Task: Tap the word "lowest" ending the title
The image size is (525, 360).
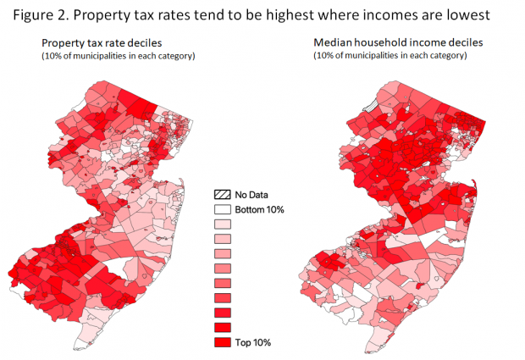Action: point(487,14)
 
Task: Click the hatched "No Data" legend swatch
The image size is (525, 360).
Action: point(224,195)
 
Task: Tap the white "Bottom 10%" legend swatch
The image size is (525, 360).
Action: point(224,209)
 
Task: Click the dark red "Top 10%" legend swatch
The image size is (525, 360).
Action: point(224,341)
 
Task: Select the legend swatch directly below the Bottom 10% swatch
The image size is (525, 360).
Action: point(224,224)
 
